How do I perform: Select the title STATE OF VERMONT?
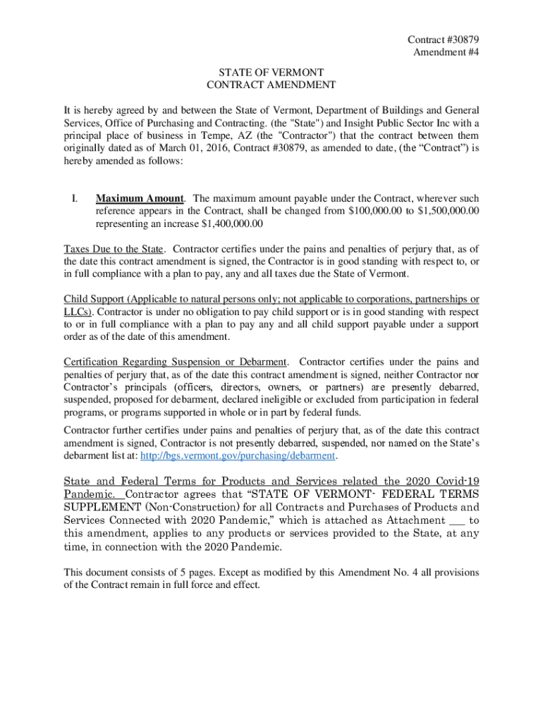(x=271, y=72)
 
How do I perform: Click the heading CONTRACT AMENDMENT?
(x=271, y=85)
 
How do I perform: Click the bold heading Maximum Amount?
(x=140, y=199)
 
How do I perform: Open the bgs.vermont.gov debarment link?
(x=238, y=456)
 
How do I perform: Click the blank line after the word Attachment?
(x=457, y=520)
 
